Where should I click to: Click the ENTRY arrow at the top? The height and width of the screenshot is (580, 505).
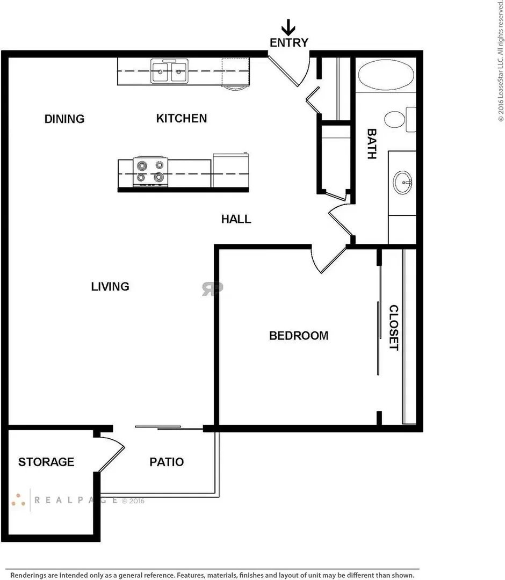coord(288,27)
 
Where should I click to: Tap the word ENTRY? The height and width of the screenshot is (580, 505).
coord(289,43)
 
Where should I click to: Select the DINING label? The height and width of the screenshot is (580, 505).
coord(64,119)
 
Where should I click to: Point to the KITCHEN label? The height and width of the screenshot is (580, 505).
coord(181,118)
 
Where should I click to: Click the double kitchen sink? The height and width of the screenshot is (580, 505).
coord(169,71)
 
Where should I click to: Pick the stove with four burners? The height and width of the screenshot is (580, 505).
coord(150,172)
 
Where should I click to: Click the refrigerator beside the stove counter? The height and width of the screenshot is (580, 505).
coord(230,170)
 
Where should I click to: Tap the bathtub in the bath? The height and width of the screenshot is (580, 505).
coord(386,75)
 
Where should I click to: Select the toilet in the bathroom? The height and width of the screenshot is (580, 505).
coord(400,119)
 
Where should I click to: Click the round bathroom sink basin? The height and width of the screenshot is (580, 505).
coord(402,183)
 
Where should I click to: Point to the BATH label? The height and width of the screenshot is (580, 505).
coord(372,144)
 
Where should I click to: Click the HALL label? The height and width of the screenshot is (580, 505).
coord(236,219)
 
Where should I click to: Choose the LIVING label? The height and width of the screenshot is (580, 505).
coord(110,286)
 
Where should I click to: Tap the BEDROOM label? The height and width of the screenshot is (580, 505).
coord(299,336)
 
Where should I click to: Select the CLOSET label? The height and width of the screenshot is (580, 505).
coord(394,328)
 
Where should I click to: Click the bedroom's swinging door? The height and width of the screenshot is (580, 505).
coord(329,261)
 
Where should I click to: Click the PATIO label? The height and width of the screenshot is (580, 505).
coord(167,462)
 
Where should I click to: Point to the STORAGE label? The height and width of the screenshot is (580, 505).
coord(46,462)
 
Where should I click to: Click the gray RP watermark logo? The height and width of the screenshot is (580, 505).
coord(212,289)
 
